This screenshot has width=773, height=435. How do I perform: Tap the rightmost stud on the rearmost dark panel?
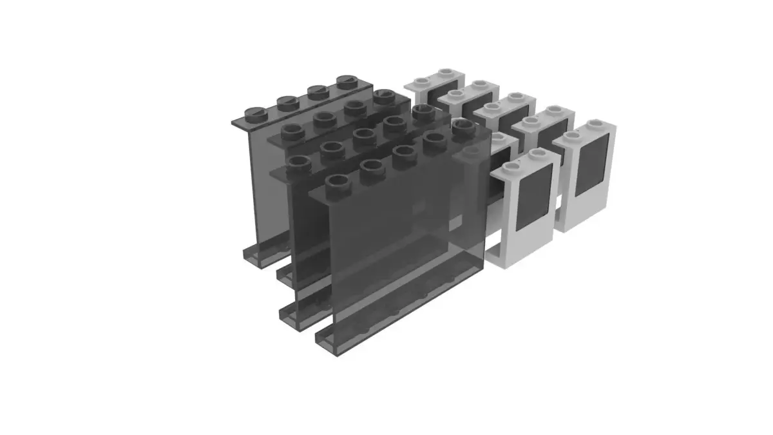pos(348,82)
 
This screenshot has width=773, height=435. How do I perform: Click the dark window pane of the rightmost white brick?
pos(589,166)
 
